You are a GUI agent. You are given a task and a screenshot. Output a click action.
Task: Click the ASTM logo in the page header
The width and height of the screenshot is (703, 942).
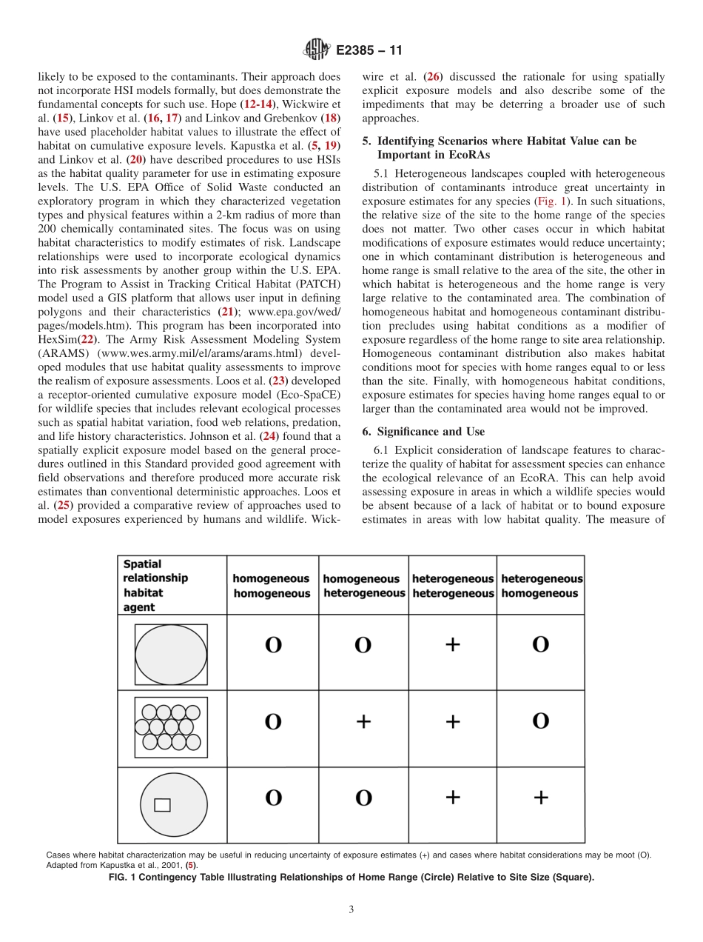point(316,50)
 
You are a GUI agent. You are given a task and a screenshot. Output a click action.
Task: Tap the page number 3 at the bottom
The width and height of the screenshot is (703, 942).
point(351,909)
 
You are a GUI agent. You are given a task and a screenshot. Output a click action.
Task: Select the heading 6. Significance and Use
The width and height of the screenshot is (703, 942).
point(423,431)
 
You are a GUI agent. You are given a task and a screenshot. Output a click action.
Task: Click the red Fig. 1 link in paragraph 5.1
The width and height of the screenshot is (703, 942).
point(551,201)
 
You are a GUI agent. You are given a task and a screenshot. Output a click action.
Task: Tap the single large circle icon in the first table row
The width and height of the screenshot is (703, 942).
point(171,655)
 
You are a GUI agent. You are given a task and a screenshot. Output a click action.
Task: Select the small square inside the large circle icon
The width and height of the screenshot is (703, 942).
point(162,805)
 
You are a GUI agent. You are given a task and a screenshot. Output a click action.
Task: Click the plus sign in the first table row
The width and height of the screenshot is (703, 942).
point(452,644)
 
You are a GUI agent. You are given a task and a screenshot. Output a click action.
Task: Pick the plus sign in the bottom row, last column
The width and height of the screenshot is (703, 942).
point(541,797)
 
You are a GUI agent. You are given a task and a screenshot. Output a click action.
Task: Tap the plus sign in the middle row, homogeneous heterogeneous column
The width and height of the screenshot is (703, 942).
point(363,721)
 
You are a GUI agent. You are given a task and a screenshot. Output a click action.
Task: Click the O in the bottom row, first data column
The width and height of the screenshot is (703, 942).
point(273,798)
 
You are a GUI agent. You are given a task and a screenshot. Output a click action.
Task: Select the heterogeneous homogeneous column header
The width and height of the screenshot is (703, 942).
point(542,586)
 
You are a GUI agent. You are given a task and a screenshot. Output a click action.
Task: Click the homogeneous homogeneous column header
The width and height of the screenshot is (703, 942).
point(272,586)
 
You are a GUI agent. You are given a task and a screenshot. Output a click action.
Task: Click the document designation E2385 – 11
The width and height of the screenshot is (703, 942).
point(368,51)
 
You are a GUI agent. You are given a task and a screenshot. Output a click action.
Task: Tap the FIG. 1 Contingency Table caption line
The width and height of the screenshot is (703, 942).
point(351,878)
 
